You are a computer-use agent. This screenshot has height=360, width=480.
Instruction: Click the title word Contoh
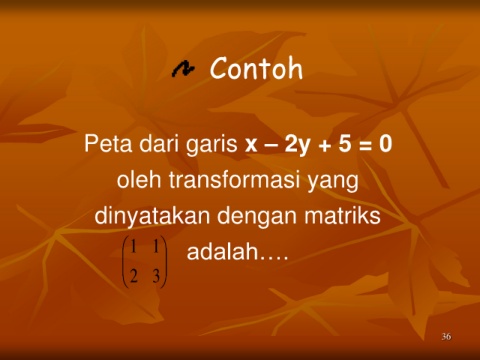(256, 68)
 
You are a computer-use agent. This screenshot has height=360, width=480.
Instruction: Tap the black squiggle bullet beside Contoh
(183, 69)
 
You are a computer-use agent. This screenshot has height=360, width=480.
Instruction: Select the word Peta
(108, 144)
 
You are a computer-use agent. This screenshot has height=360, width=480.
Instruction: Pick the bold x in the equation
(251, 145)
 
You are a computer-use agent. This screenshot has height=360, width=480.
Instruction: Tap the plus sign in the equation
(324, 146)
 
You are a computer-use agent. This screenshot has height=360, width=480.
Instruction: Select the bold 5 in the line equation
(345, 144)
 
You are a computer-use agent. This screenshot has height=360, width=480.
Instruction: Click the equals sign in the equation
(366, 146)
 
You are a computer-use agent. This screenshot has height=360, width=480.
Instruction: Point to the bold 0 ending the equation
(385, 144)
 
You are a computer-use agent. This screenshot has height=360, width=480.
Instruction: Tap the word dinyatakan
(152, 217)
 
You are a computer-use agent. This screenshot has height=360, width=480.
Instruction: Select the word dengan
(257, 217)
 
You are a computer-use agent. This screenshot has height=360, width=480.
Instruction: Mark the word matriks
(342, 215)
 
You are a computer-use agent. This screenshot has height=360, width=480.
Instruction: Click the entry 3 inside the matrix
(156, 276)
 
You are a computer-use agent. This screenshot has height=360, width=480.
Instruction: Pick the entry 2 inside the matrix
(134, 276)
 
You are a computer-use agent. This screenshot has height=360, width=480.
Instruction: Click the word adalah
(222, 251)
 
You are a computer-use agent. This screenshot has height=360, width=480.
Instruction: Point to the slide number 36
(446, 336)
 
